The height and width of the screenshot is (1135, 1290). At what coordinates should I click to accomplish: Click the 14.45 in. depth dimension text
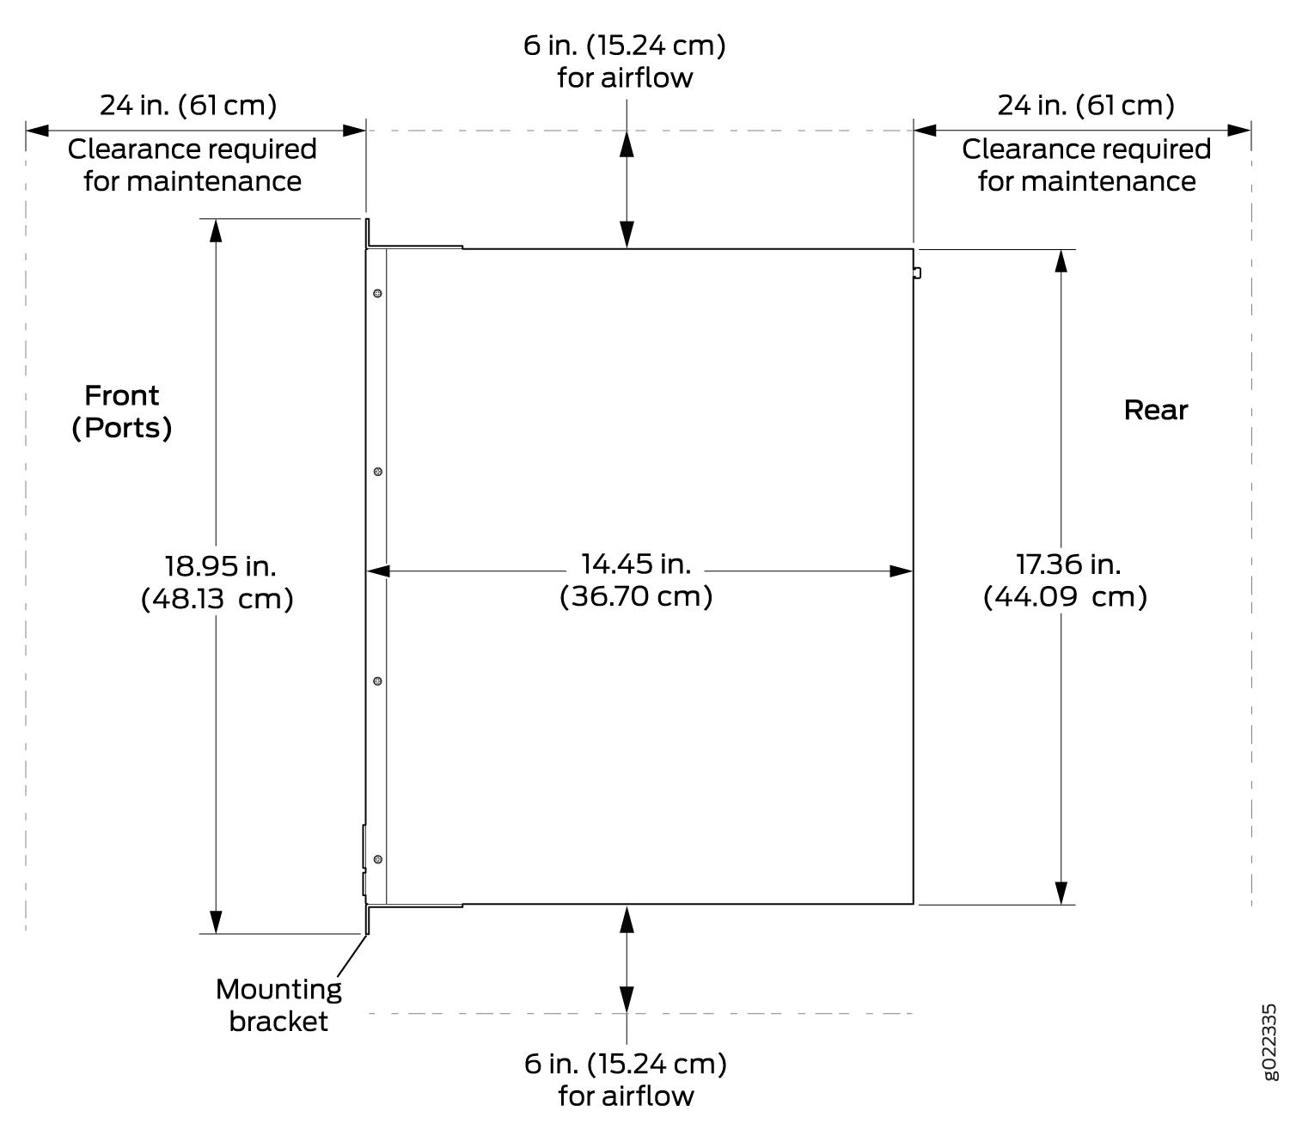tap(635, 564)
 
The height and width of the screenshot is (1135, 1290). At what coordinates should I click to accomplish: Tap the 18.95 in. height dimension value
tap(220, 566)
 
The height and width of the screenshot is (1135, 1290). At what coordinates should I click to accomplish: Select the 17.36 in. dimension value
tap(1067, 564)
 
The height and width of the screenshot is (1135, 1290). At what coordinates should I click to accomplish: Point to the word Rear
tap(1155, 410)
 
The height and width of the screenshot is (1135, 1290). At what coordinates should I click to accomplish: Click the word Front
tap(122, 395)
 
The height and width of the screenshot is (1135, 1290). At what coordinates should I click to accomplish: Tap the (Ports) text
tap(122, 428)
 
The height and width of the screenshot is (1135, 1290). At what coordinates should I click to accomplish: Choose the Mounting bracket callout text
tap(278, 1005)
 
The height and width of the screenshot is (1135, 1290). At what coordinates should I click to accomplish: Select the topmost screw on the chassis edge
tap(377, 294)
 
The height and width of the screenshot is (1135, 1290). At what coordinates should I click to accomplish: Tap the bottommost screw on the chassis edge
tap(377, 859)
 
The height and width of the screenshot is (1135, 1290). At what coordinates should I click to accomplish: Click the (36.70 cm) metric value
tap(635, 596)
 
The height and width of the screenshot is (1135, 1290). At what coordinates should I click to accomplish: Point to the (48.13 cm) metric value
tap(217, 599)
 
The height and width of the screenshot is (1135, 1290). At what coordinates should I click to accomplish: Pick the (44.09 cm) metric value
tap(1065, 597)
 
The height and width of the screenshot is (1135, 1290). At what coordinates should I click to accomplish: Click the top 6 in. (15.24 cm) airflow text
tap(625, 62)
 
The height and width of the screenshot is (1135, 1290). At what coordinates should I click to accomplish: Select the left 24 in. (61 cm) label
tap(188, 105)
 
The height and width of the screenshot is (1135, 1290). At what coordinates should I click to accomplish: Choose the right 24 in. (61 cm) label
tap(1085, 105)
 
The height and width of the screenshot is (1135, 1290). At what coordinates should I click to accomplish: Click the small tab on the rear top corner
tap(917, 273)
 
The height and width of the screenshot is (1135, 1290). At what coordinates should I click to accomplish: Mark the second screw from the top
tap(377, 472)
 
